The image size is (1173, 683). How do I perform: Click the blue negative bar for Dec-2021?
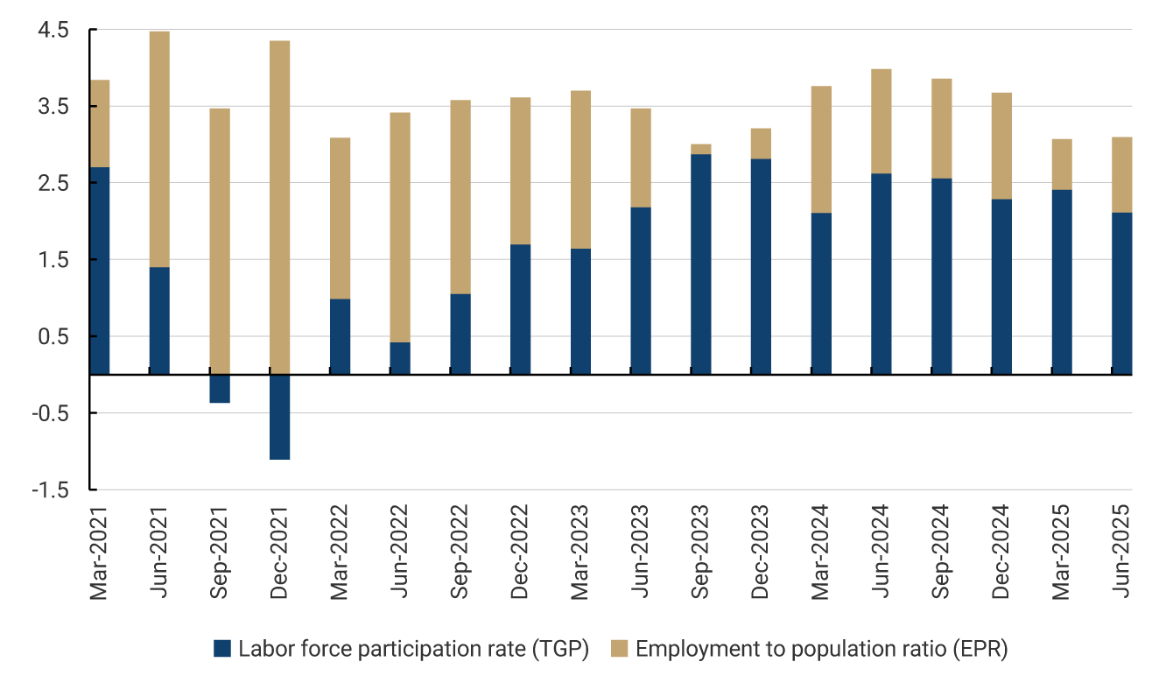click(x=279, y=417)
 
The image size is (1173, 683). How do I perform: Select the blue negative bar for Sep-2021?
click(x=220, y=389)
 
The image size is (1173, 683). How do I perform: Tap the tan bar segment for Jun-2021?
click(x=159, y=149)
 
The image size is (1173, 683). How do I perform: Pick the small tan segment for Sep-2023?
click(x=701, y=149)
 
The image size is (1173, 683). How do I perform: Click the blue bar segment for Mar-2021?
click(x=99, y=271)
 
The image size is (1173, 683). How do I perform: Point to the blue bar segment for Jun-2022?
click(x=400, y=358)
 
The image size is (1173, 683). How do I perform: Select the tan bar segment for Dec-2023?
click(x=761, y=144)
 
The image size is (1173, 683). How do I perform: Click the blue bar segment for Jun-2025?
click(x=1122, y=293)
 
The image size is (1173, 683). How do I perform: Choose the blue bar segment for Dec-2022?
click(x=520, y=309)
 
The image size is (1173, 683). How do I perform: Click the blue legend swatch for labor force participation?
click(x=223, y=649)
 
